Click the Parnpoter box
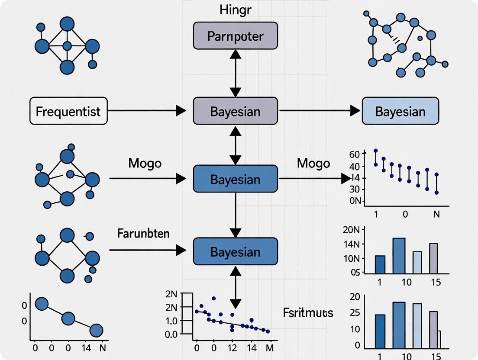235,36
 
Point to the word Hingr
235,10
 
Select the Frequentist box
68,111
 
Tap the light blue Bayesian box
400,111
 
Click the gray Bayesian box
235,111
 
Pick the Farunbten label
143,234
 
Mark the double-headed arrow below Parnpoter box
235,73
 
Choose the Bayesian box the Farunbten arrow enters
235,251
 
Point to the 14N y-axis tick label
352,244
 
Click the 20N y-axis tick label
352,230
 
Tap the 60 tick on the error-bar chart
355,154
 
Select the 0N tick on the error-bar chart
355,201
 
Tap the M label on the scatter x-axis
269,347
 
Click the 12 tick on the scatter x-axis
233,347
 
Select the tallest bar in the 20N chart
399,256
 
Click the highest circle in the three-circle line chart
41,304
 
